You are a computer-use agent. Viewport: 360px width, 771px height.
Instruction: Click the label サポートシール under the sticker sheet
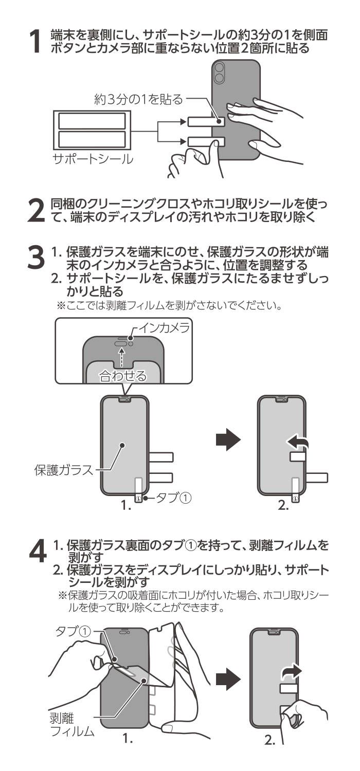coord(93,158)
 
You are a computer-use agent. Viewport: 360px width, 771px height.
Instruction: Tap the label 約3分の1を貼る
coord(138,99)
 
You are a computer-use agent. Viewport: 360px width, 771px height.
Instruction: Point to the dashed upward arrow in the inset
coord(121,355)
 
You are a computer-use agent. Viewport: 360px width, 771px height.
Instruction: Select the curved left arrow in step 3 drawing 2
coord(298,440)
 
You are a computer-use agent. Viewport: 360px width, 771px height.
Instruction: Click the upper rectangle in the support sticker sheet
coord(92,121)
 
